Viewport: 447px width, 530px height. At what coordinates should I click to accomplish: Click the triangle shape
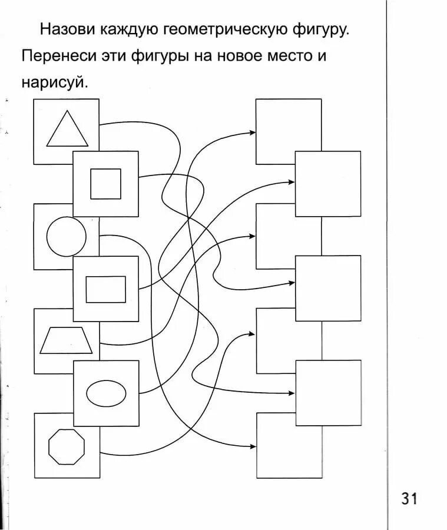[67, 132]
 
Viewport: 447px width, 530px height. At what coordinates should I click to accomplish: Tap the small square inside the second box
[105, 184]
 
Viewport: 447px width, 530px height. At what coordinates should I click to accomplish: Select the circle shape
[66, 237]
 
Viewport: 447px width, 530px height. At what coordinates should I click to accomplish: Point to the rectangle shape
[105, 289]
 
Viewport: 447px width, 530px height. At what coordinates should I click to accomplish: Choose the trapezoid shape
[66, 341]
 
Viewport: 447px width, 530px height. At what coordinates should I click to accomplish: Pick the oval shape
[106, 394]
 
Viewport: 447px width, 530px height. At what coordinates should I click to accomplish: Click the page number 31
[409, 499]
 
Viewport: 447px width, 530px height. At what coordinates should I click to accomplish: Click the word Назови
[68, 29]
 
